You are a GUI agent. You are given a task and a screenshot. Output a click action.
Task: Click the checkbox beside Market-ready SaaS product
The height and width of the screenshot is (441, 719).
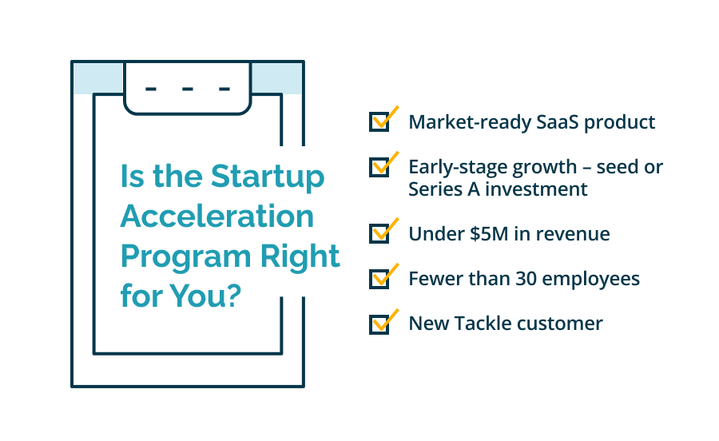pos(379,122)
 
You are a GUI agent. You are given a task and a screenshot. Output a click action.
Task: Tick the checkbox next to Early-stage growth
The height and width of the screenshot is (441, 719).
pos(379,167)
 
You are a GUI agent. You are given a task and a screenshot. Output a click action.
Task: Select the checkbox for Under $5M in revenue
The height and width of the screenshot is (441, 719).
pos(379,233)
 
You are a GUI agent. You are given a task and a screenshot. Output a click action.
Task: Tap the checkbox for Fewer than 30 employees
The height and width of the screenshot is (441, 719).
pos(379,279)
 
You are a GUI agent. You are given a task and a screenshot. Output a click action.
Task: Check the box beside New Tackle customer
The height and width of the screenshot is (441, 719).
pos(379,324)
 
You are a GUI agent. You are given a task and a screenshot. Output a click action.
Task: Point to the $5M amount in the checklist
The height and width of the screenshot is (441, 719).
pos(489,234)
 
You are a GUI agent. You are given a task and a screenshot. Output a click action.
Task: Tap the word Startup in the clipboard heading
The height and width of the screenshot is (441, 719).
pos(268,177)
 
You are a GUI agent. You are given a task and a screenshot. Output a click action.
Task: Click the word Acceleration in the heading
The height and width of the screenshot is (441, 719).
pos(217,217)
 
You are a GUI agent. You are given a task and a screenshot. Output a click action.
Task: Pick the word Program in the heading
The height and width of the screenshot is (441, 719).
pos(185,257)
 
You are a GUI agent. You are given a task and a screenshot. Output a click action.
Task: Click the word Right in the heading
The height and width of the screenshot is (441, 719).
pos(300,256)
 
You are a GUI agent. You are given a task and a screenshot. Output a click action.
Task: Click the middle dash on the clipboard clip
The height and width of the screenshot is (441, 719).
pos(188,89)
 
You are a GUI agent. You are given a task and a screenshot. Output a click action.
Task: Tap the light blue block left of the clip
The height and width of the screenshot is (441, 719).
pos(98,78)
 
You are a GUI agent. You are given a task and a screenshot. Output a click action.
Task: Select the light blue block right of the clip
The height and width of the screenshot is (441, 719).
pos(276,78)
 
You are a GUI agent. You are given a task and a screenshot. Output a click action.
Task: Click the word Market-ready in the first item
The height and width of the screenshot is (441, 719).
pos(470,122)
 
